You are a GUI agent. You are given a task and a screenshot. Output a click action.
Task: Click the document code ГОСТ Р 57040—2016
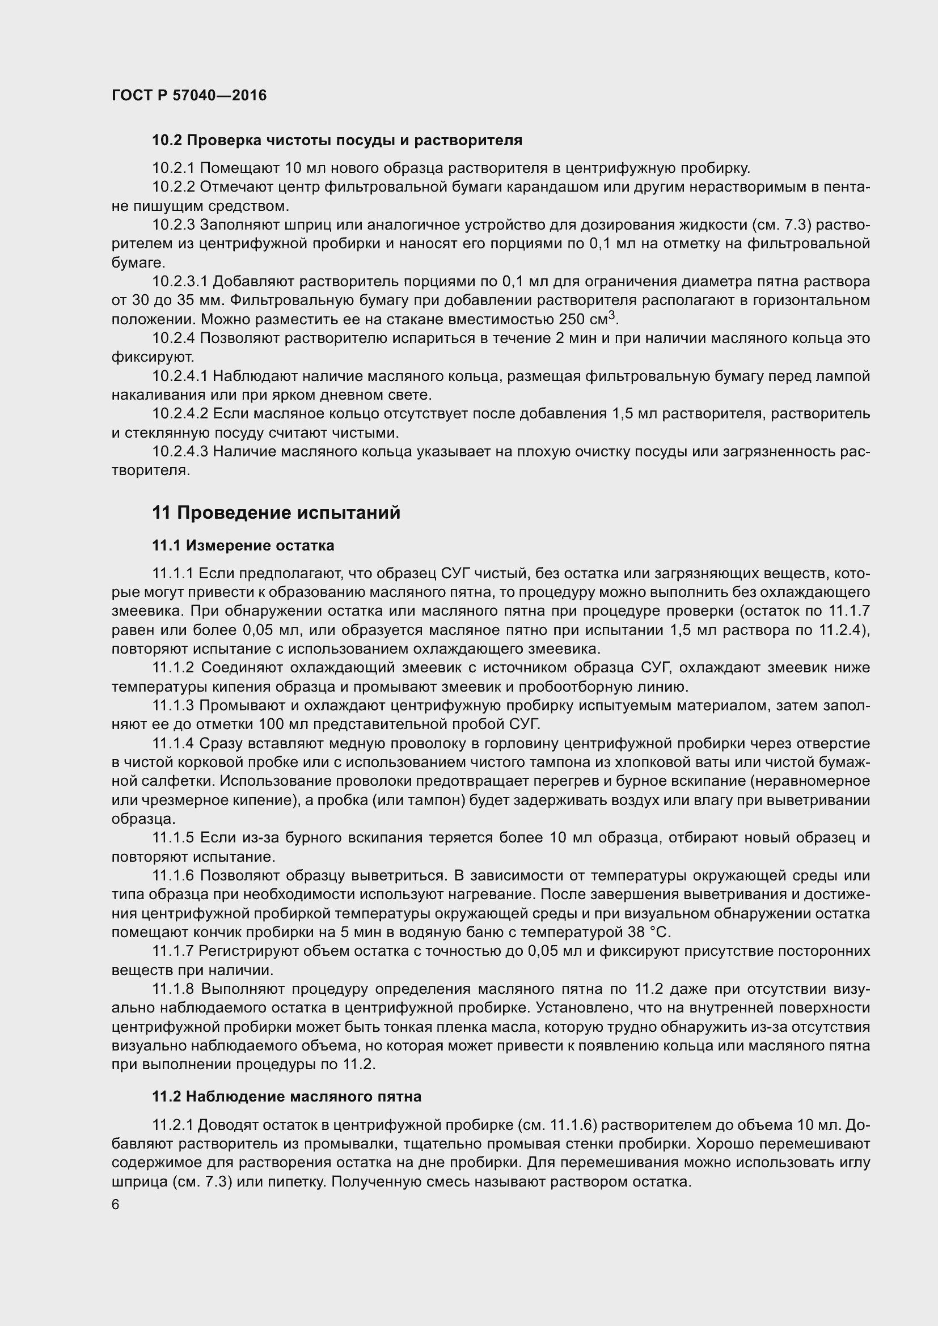(189, 95)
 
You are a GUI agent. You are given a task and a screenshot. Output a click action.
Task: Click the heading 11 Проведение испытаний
(276, 512)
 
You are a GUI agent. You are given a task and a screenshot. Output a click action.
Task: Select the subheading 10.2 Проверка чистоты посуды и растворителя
(337, 140)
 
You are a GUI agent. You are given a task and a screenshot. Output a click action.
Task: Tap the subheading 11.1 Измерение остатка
(243, 545)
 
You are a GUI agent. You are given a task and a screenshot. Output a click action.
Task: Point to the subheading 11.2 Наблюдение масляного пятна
(286, 1096)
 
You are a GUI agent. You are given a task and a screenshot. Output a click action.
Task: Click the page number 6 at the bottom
(116, 1204)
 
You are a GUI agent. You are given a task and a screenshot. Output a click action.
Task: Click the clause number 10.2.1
(174, 168)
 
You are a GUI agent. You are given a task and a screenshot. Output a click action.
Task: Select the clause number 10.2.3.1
(180, 281)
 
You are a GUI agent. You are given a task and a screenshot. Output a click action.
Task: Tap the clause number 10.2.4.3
(180, 451)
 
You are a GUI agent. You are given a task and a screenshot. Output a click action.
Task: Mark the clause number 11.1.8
(174, 989)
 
